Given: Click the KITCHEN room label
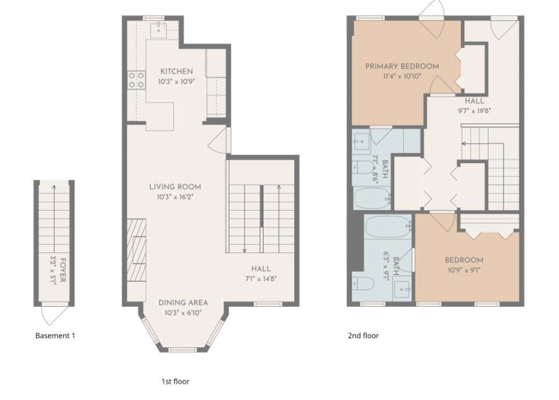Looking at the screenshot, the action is pos(176,71).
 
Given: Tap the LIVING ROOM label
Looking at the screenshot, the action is pos(175,187).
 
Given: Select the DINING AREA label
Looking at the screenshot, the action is pos(183,303).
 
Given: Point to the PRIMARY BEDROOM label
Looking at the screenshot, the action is pos(402,66).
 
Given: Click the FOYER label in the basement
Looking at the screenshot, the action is pos(63,270).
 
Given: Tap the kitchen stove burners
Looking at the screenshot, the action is pos(136,80).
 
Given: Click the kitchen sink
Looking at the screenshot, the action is pos(159,30).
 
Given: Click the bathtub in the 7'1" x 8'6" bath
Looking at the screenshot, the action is pos(373,198).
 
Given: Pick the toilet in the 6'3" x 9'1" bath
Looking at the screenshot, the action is pos(363,284).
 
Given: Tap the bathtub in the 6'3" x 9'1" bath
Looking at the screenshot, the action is pos(388,227).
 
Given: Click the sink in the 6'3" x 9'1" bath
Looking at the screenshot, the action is pos(402,290).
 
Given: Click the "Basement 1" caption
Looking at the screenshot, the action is pos(55,335).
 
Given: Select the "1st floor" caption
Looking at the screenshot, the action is pos(176,382).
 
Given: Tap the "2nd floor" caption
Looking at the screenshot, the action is pos(363,335).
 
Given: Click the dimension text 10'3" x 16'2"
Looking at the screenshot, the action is pos(174,197).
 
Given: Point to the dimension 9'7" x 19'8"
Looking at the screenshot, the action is pos(475,111).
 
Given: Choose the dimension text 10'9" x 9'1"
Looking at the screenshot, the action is pos(464,270).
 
